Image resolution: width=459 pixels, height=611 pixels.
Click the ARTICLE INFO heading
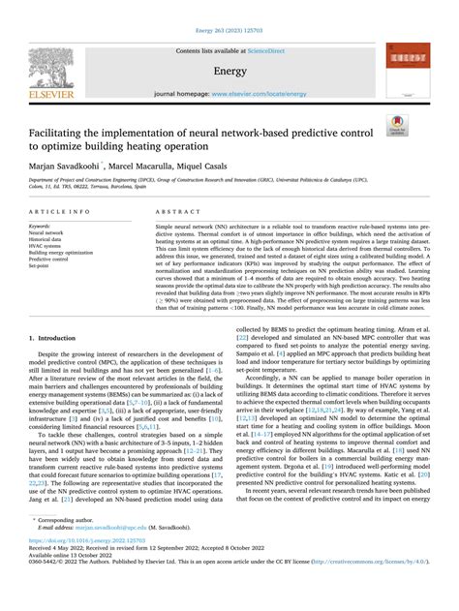point(59,210)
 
